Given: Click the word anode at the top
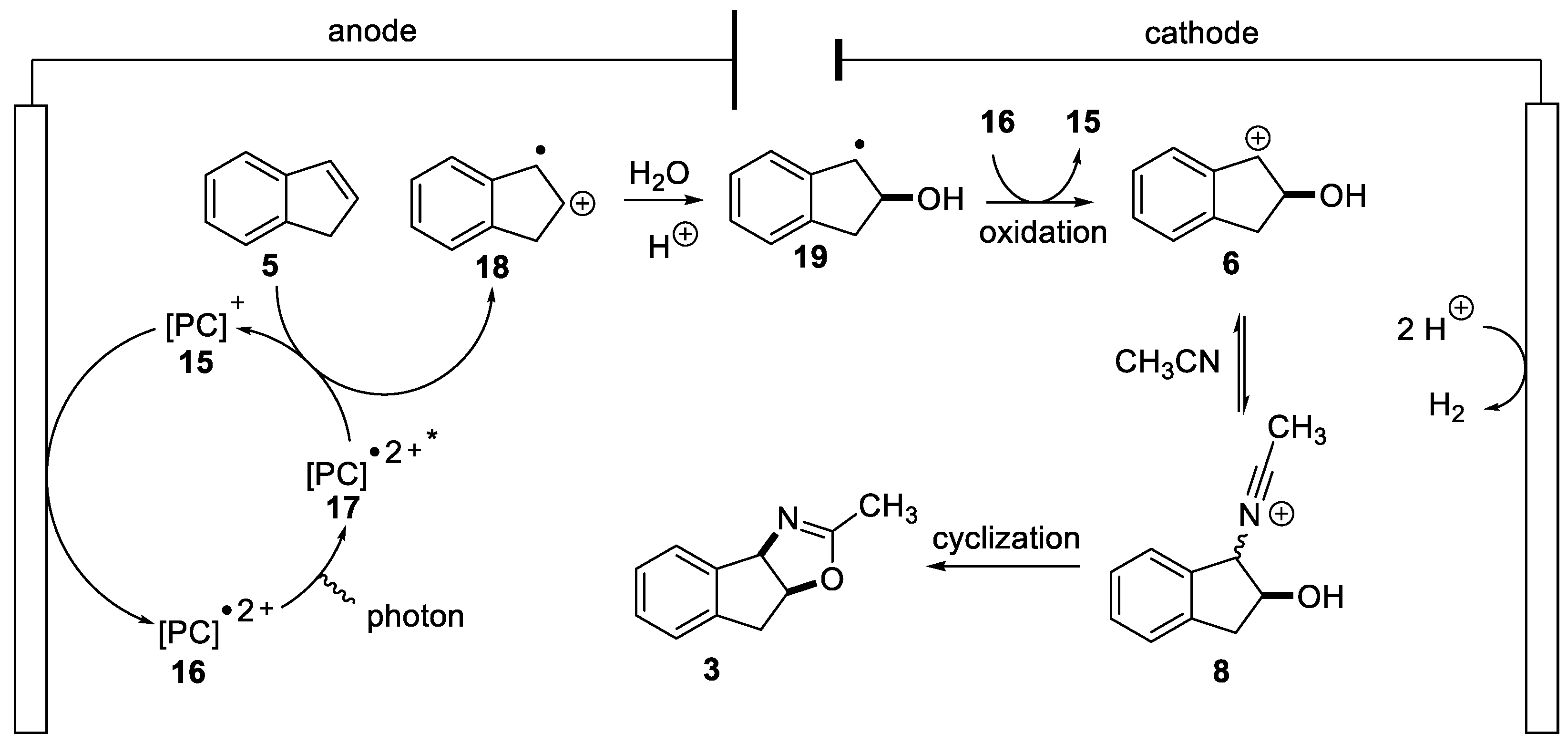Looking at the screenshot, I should (372, 31).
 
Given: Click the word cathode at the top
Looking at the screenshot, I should (1201, 33).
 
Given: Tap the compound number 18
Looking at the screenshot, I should (492, 267).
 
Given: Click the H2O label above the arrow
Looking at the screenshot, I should (659, 175).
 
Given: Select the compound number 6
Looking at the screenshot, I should (1230, 264).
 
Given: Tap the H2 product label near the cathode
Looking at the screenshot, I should (1446, 406).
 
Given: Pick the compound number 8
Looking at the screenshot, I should (1221, 672).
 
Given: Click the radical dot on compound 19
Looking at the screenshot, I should (859, 145).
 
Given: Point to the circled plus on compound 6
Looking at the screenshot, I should (1258, 139).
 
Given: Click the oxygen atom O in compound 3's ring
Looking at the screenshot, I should (831, 579).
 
